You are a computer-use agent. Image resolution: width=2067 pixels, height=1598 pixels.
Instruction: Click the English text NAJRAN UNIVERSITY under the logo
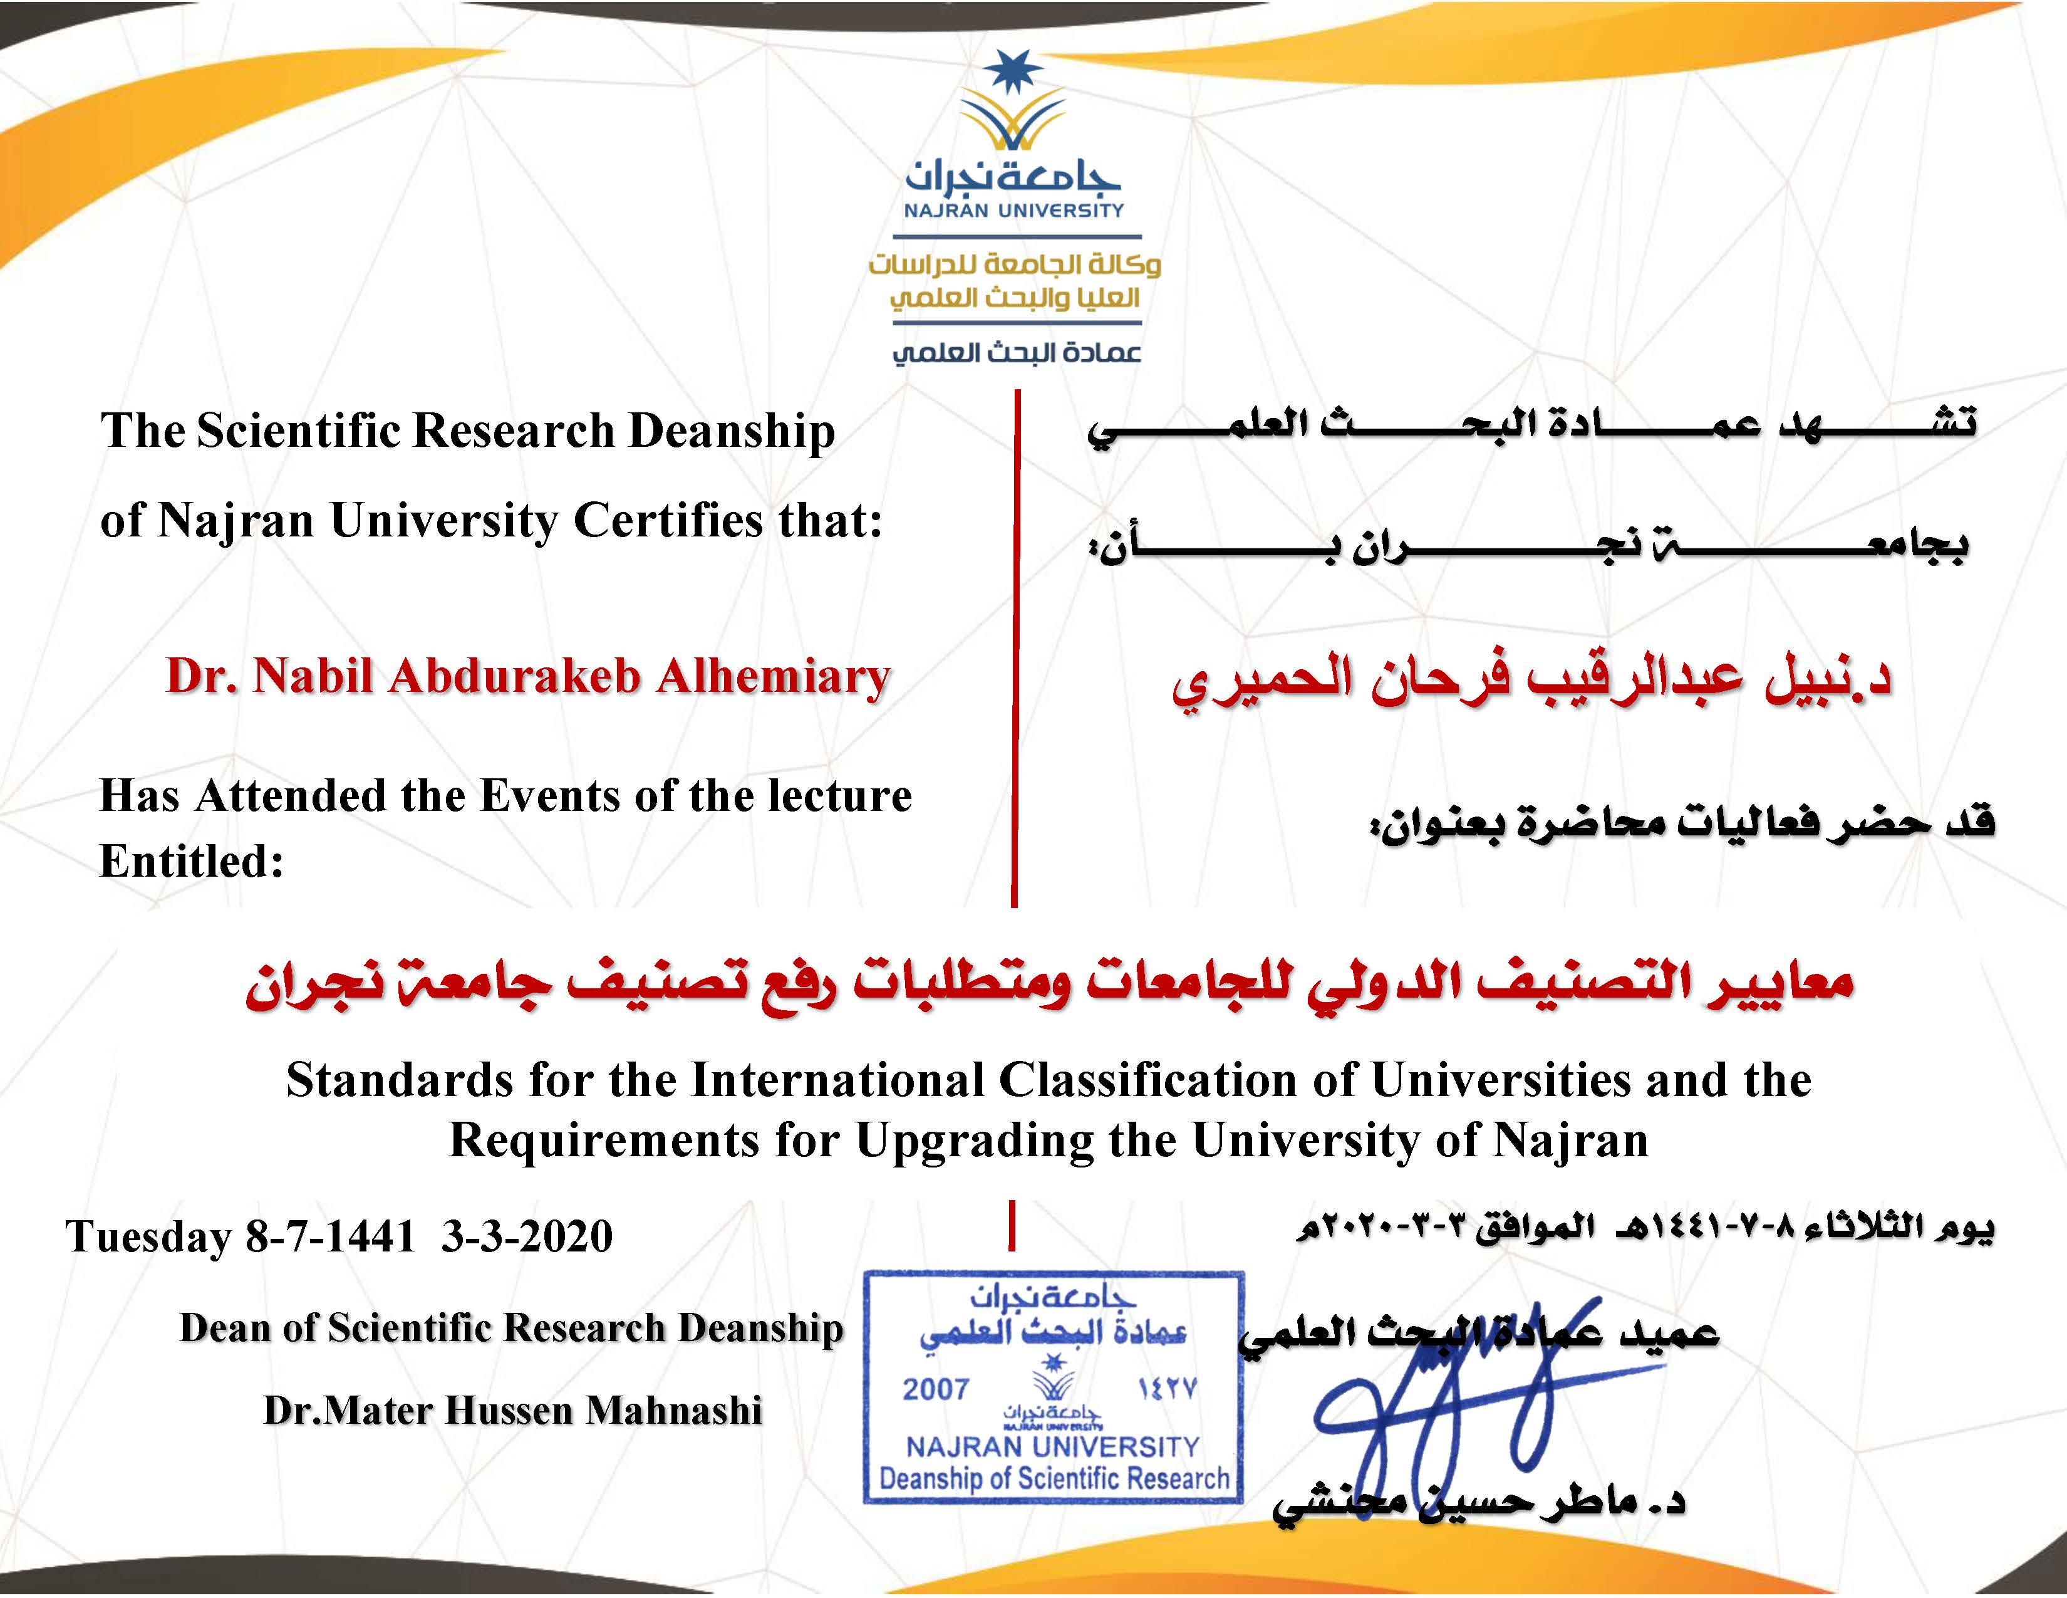point(1013,210)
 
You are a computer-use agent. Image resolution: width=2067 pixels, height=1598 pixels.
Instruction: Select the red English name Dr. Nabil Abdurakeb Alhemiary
point(528,677)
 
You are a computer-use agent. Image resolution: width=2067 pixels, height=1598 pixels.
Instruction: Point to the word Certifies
point(668,521)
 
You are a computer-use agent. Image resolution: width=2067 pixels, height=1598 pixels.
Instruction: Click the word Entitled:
point(192,862)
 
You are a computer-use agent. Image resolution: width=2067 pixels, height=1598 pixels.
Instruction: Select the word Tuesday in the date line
point(148,1236)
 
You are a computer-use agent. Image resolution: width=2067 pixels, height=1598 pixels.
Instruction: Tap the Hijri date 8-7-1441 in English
point(330,1236)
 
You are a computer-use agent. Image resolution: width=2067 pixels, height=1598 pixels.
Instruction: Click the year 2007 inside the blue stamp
point(936,1390)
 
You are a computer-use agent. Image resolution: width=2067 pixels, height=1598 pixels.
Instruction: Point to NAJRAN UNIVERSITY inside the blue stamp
point(1052,1446)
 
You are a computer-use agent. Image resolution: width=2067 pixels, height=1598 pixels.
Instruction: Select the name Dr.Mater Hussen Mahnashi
point(512,1411)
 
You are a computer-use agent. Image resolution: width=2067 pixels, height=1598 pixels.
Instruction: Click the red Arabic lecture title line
point(1049,984)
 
